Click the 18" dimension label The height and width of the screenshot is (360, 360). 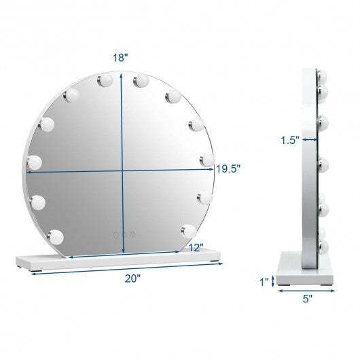120,58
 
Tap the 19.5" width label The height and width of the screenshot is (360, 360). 228,169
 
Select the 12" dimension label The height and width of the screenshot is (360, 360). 196,248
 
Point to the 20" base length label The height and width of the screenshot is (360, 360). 132,278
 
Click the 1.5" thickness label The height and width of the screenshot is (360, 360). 290,140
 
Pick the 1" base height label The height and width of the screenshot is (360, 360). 264,282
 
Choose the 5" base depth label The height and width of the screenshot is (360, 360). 308,299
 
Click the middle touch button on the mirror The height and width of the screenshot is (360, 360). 124,234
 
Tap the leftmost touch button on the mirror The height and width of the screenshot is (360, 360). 116,234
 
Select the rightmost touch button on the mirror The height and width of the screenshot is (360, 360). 132,234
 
